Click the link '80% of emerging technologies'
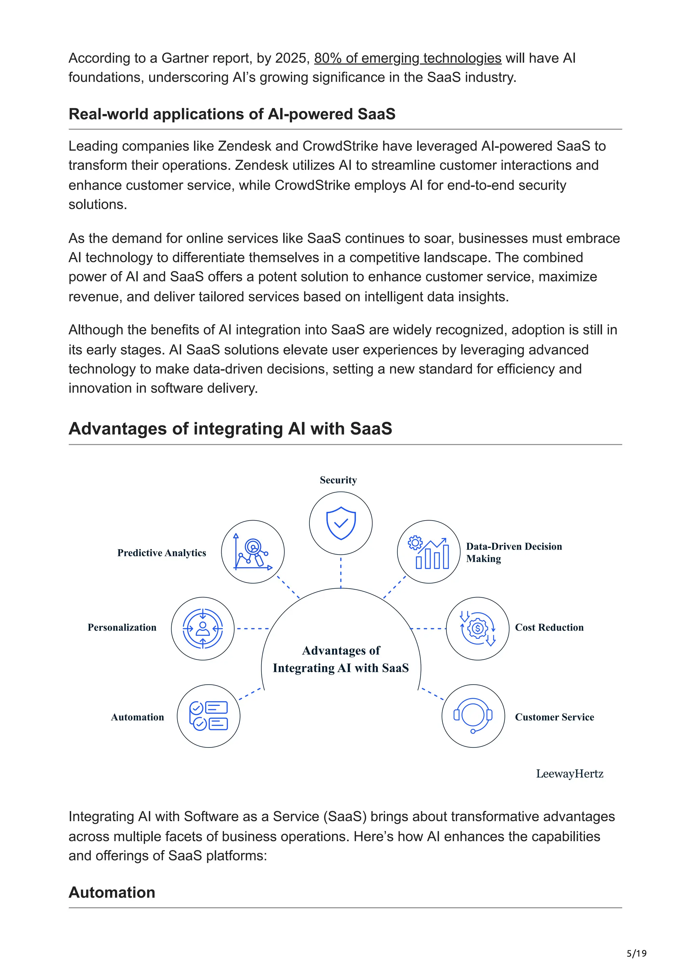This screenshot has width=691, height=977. tap(408, 58)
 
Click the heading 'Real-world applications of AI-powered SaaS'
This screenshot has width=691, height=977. tap(232, 114)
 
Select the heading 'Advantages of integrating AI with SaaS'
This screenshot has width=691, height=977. tap(230, 428)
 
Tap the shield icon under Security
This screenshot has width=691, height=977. tap(340, 523)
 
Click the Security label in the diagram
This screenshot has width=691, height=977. tap(338, 480)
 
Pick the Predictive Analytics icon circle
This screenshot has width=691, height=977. tap(253, 552)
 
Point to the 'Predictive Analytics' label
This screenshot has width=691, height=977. tap(162, 553)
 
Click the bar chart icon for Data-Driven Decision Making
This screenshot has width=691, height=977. tap(429, 552)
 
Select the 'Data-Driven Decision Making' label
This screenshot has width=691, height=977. tap(514, 552)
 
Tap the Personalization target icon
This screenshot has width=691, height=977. tap(203, 628)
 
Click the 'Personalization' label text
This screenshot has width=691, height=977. tap(122, 627)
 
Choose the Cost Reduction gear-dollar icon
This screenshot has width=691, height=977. tap(477, 628)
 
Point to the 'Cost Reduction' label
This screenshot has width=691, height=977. tap(549, 627)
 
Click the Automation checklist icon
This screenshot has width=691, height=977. tap(209, 716)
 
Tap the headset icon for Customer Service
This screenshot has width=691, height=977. tap(473, 716)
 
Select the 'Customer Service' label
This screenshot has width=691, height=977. tap(554, 717)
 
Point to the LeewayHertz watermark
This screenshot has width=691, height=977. tap(569, 774)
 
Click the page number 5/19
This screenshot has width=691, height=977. tap(636, 953)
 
